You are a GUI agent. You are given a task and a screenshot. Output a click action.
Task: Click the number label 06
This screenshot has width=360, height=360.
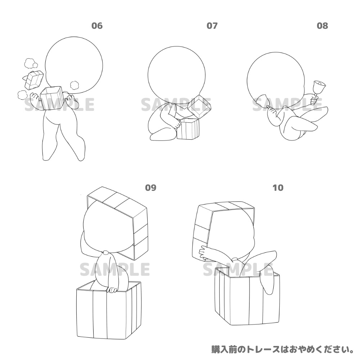97,26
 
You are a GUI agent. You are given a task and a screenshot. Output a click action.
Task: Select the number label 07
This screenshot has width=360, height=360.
212,26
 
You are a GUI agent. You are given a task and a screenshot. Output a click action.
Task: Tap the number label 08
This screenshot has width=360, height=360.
322,26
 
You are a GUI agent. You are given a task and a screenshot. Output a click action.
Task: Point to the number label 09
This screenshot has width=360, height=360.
150,188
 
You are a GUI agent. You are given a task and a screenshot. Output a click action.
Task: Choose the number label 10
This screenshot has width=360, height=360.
278,188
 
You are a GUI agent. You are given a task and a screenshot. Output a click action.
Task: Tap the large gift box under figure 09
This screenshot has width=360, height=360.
109,311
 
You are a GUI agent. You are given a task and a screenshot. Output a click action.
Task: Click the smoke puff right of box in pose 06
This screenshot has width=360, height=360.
75,85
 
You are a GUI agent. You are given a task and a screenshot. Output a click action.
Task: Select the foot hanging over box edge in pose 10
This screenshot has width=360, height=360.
268,284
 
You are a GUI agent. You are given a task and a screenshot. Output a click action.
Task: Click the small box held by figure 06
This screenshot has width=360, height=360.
53,98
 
